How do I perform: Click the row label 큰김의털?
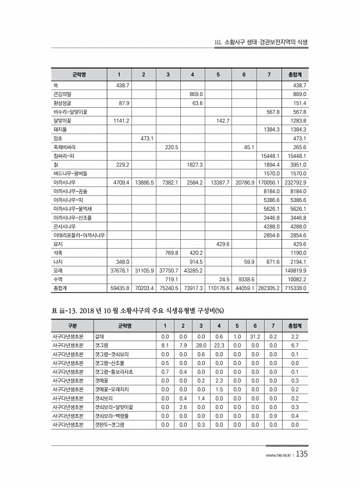pos(60,94)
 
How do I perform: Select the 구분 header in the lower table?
pos(72,325)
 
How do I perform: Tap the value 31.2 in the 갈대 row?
pos(254,336)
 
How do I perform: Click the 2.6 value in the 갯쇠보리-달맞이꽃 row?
pos(183,406)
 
